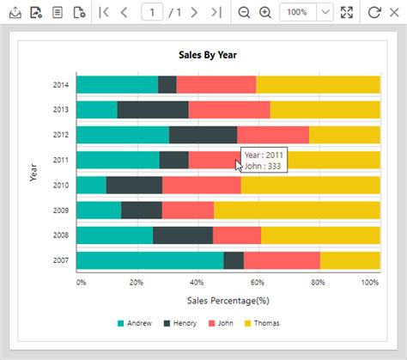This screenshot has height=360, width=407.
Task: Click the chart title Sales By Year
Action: click(x=207, y=55)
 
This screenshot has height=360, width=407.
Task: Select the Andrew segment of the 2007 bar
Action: click(x=149, y=260)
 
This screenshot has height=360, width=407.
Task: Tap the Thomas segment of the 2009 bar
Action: click(x=296, y=211)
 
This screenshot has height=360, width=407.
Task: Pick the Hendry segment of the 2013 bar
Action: click(x=153, y=109)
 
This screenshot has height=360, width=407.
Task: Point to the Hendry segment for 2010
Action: click(x=134, y=185)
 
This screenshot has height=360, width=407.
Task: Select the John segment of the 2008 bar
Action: click(x=237, y=235)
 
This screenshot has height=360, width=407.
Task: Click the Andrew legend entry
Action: click(x=133, y=323)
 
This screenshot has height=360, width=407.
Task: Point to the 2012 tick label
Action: click(x=61, y=135)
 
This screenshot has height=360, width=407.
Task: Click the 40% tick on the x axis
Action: click(x=197, y=282)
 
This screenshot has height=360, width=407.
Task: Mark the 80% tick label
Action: click(x=318, y=282)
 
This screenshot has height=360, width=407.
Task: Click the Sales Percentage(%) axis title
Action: click(x=228, y=301)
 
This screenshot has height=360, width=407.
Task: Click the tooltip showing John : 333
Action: click(x=264, y=161)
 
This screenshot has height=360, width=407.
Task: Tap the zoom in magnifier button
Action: click(x=265, y=12)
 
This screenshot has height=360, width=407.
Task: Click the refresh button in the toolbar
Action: click(x=374, y=12)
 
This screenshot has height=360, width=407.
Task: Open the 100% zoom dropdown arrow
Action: click(x=325, y=12)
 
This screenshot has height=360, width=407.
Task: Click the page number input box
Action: click(x=153, y=12)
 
